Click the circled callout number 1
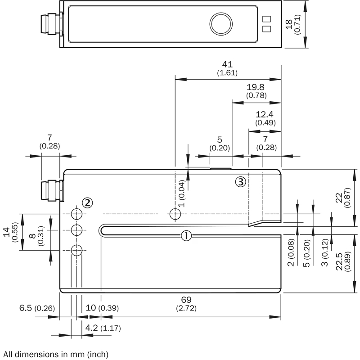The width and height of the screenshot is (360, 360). (x=186, y=236)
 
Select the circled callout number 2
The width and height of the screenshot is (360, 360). (x=87, y=203)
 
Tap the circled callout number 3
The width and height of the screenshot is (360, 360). (x=241, y=182)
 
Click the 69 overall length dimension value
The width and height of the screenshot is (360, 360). (x=186, y=300)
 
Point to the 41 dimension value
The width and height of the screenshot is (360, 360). (x=227, y=64)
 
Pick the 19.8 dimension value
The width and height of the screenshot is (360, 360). (x=255, y=87)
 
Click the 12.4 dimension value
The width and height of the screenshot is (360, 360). (x=265, y=114)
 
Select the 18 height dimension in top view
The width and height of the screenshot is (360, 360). (x=289, y=24)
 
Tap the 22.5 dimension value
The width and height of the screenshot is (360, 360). (x=339, y=262)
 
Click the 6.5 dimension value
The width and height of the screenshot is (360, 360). (x=26, y=308)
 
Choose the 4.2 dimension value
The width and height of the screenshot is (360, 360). (x=91, y=328)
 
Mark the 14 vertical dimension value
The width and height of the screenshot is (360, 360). (x=6, y=232)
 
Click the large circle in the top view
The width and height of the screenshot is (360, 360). (x=221, y=24)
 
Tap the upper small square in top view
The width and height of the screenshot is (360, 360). (x=266, y=19)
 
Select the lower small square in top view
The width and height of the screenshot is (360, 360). (x=266, y=29)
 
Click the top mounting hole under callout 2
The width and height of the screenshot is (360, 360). (x=76, y=214)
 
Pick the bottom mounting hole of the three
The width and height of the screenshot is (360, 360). (x=76, y=250)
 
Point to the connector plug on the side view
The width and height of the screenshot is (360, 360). (x=52, y=191)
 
